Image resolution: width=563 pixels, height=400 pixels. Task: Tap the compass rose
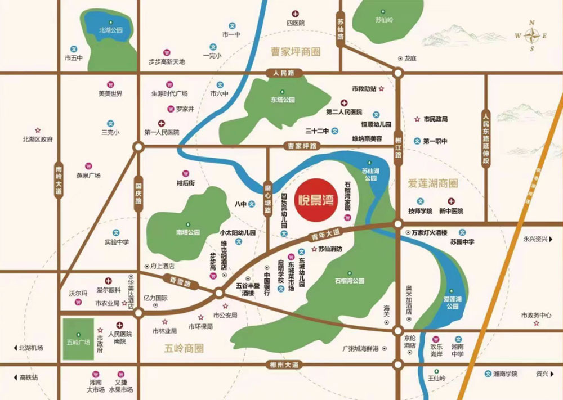(x=531, y=36)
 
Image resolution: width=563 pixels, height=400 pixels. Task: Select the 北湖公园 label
(x=110, y=30)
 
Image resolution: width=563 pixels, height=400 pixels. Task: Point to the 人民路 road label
(x=284, y=73)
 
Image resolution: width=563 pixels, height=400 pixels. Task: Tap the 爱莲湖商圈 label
(x=433, y=183)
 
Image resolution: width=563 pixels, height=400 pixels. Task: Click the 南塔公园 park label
(x=187, y=232)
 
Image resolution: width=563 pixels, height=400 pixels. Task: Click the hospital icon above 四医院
(x=295, y=14)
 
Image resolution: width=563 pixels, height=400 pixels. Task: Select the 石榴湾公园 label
(x=349, y=280)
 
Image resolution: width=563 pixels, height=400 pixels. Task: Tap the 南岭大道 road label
(x=59, y=180)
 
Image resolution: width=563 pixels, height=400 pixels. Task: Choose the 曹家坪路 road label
(x=301, y=146)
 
